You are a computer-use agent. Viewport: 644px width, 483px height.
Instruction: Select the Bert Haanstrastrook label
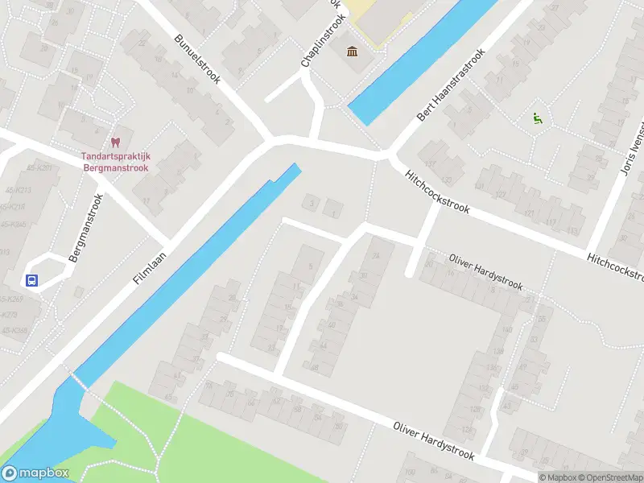pos(452,85)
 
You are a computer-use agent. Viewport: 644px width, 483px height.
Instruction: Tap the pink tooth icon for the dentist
pos(115,142)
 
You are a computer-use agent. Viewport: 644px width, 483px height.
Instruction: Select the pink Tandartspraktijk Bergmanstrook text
pos(115,162)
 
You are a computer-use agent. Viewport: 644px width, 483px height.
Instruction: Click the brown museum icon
pos(352,53)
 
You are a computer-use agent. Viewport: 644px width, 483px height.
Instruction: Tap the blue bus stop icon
pos(31,281)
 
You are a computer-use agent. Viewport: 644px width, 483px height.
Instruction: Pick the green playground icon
pos(537,118)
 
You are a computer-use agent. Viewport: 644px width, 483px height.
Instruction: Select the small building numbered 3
pos(311,202)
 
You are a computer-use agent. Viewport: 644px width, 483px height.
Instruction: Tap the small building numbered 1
pos(333,211)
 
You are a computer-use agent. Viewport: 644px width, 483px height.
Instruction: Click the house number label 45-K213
pos(14,190)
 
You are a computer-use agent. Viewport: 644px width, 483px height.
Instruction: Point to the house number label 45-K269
pos(11,299)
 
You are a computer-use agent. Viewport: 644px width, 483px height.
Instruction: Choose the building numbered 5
pos(310,266)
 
